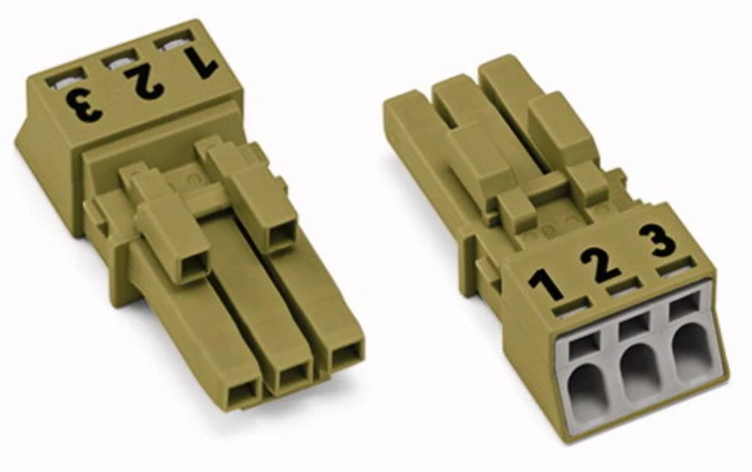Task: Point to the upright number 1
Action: coord(546,284)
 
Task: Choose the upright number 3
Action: coord(658,240)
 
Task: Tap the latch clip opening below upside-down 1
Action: coord(280,236)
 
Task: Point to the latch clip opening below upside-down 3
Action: coord(184,267)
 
